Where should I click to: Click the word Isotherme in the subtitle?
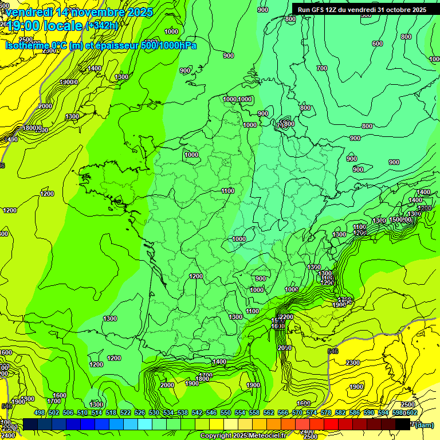click(27, 45)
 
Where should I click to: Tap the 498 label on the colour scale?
click(40, 413)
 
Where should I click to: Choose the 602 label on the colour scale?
click(412, 413)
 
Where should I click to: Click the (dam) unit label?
click(425, 424)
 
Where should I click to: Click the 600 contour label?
click(377, 44)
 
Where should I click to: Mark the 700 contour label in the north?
click(322, 69)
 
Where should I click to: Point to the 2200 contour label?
click(286, 317)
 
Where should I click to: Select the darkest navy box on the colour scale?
click(30, 424)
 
